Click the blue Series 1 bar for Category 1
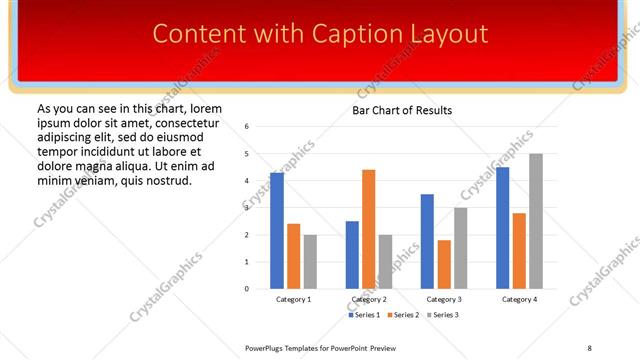click(x=277, y=231)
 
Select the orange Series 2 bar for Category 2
click(x=369, y=229)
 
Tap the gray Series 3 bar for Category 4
click(x=536, y=221)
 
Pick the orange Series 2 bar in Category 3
click(x=444, y=264)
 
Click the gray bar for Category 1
click(x=310, y=262)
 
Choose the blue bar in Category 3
click(x=428, y=241)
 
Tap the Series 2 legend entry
click(x=404, y=315)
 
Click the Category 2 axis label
click(x=369, y=299)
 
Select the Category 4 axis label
click(x=519, y=299)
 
